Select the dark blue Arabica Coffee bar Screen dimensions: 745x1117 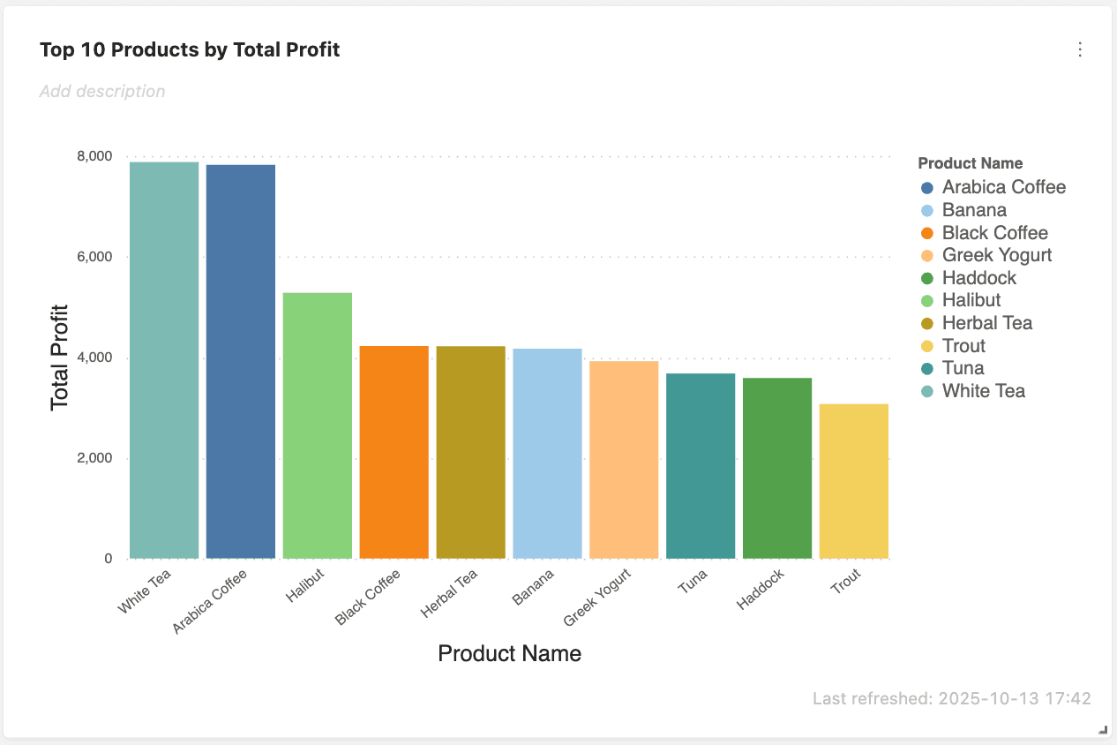241,362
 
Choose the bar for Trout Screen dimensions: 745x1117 854,481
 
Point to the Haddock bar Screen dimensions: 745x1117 777,468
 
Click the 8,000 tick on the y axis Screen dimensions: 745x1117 94,156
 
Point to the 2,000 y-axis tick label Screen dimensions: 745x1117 94,458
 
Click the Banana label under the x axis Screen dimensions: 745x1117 534,586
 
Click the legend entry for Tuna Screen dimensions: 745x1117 963,368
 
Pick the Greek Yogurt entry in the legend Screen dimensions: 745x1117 996,255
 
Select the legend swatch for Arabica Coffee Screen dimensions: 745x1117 926,188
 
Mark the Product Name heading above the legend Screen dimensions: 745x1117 970,163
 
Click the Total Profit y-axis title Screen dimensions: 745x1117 60,357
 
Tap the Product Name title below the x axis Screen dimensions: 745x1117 509,653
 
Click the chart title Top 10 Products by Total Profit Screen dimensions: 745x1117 190,50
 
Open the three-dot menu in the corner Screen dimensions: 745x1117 1080,49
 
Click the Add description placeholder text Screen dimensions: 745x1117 102,91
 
